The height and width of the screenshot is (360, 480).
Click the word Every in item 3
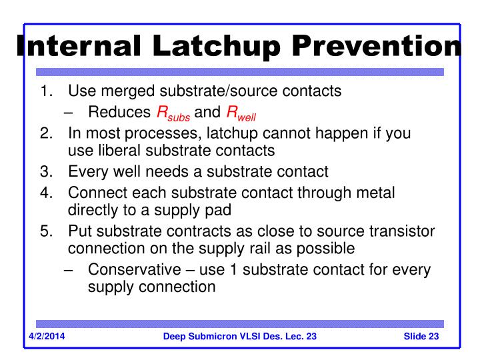[86, 171]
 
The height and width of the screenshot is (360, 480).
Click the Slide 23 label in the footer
[421, 335]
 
